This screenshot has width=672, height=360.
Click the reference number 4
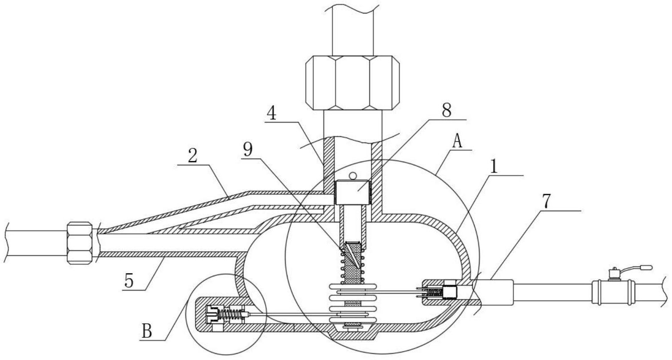tap(272, 114)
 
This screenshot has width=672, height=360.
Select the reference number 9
tap(248, 149)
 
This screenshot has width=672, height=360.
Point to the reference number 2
tap(193, 155)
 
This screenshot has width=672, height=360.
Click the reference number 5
tap(129, 281)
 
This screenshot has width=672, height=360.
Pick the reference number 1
tap(493, 167)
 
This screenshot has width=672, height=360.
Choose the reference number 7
tap(546, 201)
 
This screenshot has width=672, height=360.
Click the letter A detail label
tap(457, 141)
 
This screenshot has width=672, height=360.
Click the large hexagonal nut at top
tap(352, 83)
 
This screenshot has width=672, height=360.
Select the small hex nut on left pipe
tap(80, 243)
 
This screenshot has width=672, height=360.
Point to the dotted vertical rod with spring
tap(352, 264)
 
